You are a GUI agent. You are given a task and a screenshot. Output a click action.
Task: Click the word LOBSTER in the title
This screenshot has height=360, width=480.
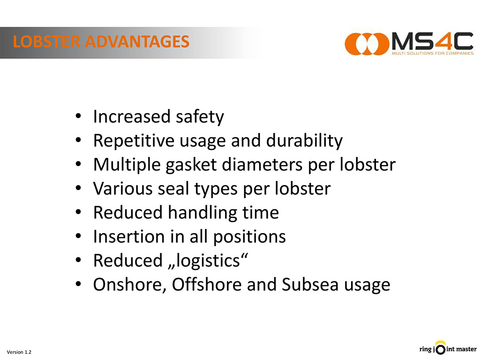point(46,42)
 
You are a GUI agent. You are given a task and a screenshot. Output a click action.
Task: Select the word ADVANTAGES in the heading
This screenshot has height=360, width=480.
point(137,42)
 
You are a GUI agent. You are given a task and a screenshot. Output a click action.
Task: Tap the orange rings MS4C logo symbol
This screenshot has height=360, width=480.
point(367,44)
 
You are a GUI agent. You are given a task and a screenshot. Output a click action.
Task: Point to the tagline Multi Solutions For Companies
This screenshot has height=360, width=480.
point(433,53)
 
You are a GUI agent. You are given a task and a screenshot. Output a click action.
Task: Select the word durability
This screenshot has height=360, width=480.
point(304,141)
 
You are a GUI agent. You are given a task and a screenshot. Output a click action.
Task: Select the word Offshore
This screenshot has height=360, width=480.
point(207,285)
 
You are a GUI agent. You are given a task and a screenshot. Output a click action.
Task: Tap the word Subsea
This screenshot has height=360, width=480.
point(310,285)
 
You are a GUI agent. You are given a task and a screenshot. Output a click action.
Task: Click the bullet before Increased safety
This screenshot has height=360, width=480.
point(78,116)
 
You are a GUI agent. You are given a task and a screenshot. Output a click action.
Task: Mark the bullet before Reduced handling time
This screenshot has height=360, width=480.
point(78,212)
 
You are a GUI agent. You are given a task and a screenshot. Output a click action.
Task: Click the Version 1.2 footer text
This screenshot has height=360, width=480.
point(19,352)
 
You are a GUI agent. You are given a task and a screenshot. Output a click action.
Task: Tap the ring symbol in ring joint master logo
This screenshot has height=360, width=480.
point(440,349)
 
